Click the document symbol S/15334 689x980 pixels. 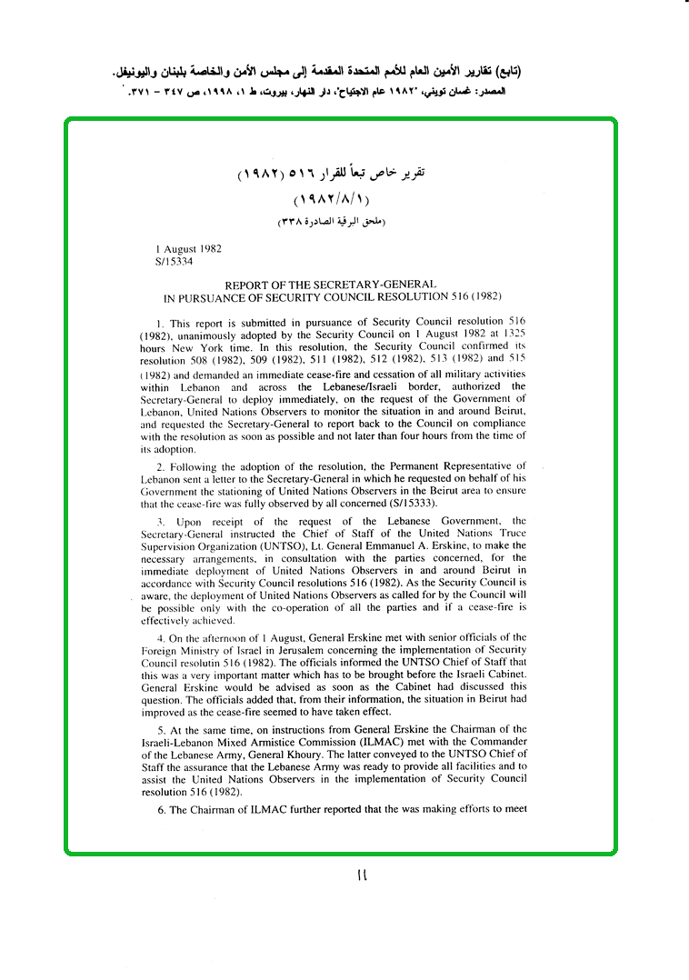point(175,260)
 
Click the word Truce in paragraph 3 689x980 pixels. point(508,534)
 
